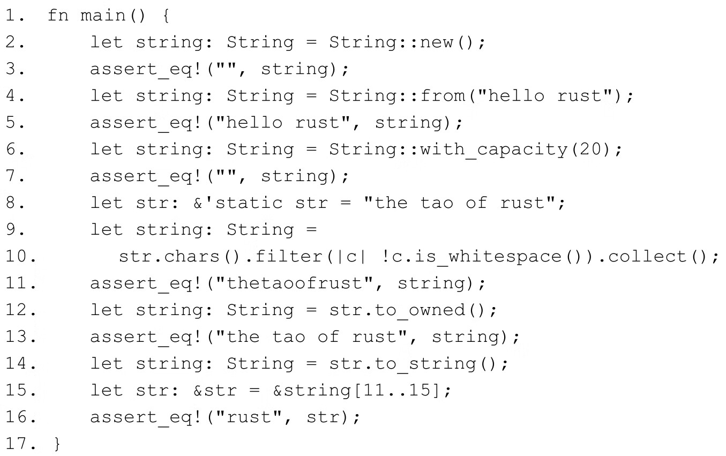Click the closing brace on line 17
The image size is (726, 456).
(57, 444)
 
